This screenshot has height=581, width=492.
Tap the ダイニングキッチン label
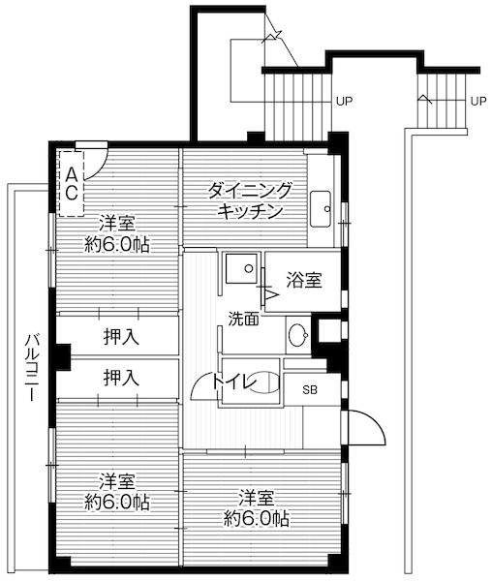(250, 199)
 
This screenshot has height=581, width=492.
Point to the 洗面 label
(243, 318)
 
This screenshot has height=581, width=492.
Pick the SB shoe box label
(310, 390)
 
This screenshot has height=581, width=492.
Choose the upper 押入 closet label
(121, 337)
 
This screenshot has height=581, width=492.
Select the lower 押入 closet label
(121, 378)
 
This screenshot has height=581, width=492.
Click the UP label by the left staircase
(343, 101)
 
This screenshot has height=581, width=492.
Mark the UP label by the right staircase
(477, 101)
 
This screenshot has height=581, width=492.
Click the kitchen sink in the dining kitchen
(323, 206)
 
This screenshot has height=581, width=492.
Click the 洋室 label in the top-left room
(116, 222)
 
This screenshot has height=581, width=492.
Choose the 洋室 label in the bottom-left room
(116, 481)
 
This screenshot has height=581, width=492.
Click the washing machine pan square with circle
(239, 267)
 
